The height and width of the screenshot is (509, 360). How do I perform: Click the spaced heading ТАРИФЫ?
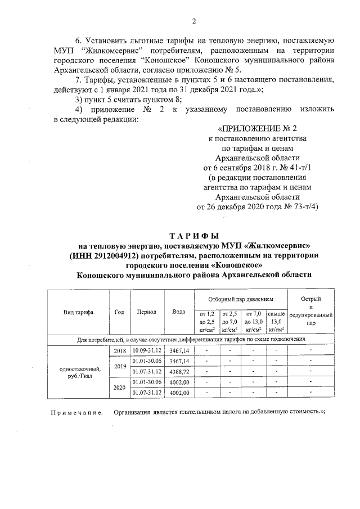pos(194,235)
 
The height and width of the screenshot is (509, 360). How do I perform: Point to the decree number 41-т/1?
pos(302,168)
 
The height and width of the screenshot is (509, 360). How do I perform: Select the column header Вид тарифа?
pos(79,312)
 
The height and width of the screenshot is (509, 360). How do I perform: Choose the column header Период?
pos(146,312)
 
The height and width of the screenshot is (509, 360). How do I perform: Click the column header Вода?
pos(178,312)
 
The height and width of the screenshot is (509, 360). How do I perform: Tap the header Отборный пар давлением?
pos(240,300)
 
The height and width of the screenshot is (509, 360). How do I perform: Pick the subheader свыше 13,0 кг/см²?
pos(276,321)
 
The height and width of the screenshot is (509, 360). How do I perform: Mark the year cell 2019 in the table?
pos(119,366)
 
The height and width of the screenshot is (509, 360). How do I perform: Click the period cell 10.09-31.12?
pos(146,350)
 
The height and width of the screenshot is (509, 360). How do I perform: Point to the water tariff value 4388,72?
pos(178,371)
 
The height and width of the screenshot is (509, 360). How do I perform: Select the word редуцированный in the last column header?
pos(310,316)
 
